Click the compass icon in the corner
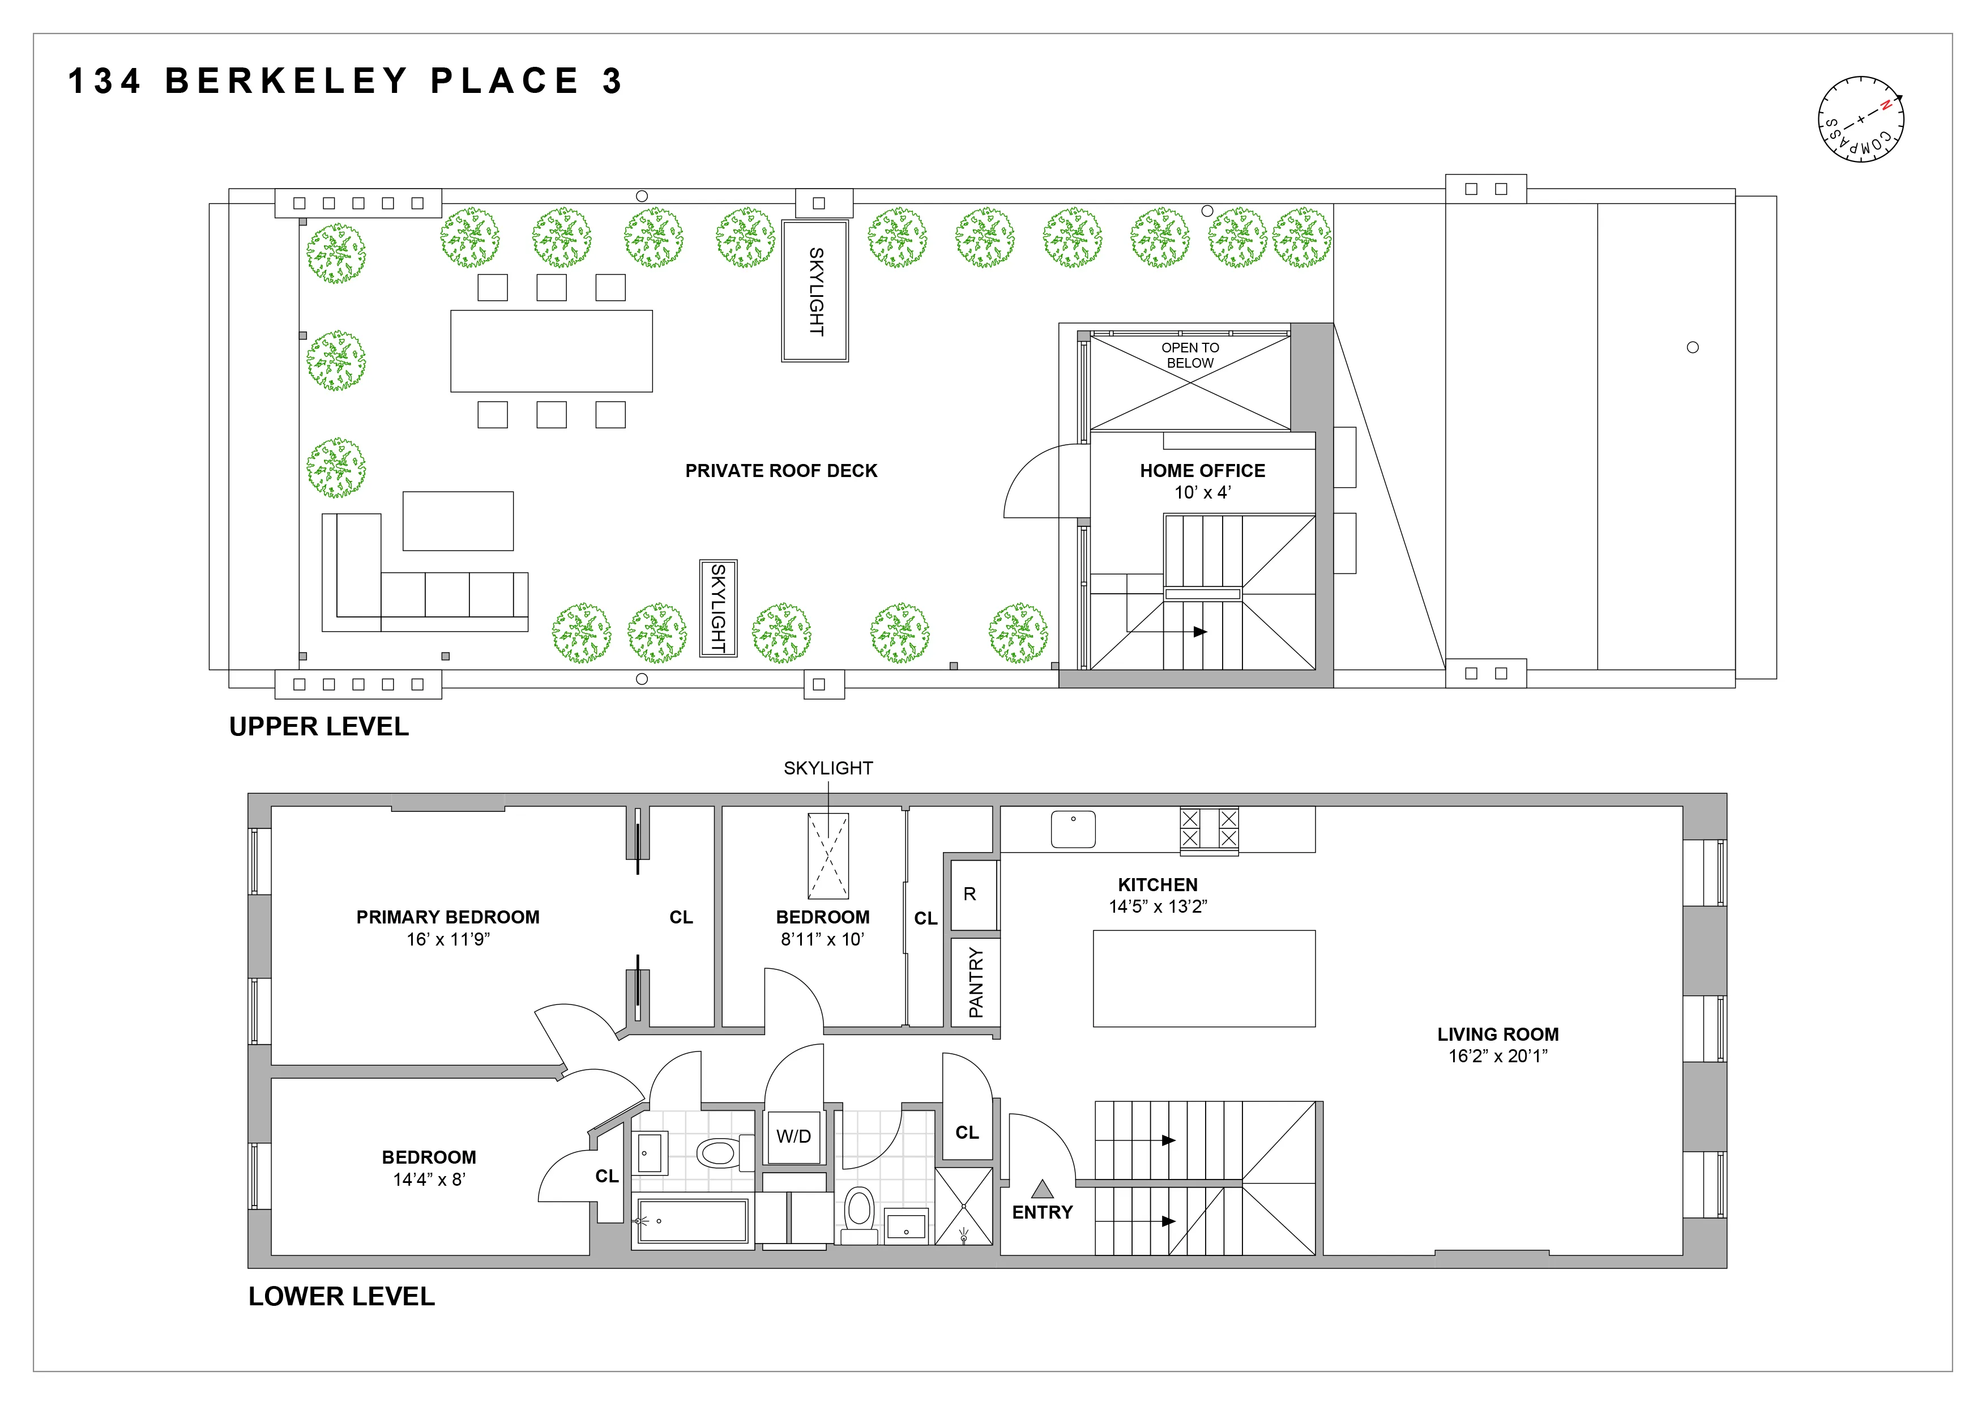1860,120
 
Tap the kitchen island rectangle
1203,978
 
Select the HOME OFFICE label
1202,471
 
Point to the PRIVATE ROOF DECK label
780,471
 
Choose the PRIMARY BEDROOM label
447,917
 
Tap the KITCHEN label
1158,884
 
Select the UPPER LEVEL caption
318,727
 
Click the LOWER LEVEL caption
341,1296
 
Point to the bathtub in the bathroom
692,1221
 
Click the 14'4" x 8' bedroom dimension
429,1179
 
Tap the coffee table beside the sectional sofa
458,521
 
